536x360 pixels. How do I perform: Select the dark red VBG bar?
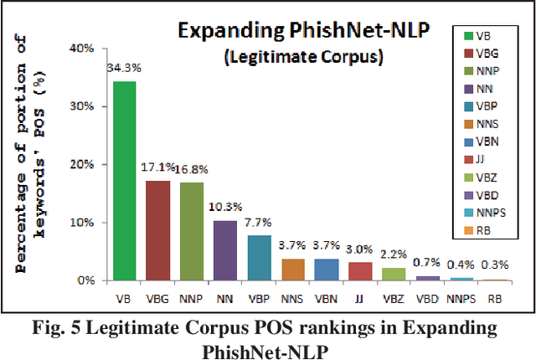click(157, 230)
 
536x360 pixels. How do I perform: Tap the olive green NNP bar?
click(192, 231)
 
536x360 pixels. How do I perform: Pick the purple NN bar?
click(225, 250)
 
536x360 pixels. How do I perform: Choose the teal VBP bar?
click(260, 258)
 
